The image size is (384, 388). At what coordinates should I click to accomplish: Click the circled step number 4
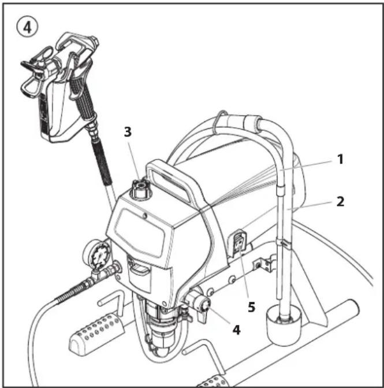[28, 28]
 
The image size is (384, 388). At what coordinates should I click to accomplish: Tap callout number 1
[340, 159]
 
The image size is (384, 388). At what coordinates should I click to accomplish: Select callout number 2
[340, 202]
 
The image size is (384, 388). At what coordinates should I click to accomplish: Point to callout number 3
[128, 132]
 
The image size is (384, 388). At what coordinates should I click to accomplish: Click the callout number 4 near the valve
[237, 330]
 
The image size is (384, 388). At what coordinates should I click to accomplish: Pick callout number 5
[251, 307]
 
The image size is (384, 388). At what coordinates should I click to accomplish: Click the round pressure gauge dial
[100, 256]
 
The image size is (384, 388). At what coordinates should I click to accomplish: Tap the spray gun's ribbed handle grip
[84, 97]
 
